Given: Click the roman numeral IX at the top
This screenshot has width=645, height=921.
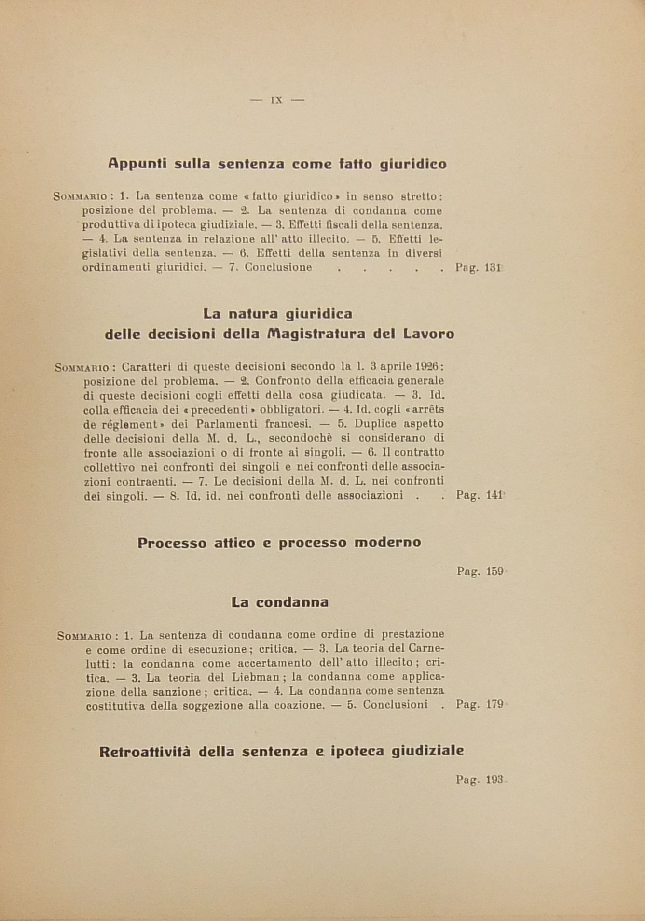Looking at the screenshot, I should [277, 100].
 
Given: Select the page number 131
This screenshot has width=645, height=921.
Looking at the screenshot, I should [493, 267].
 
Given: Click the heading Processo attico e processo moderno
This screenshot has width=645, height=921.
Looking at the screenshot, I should [279, 543].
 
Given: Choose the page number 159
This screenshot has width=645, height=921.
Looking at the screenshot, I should [494, 572].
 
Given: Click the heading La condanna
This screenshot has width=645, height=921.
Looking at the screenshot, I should [280, 602].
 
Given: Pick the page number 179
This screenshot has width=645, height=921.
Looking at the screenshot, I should [494, 704].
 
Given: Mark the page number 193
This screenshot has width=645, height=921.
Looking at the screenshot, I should [494, 780].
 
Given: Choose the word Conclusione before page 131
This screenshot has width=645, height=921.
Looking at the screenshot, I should [278, 267].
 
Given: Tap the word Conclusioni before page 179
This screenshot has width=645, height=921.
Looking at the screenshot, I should [395, 704].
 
